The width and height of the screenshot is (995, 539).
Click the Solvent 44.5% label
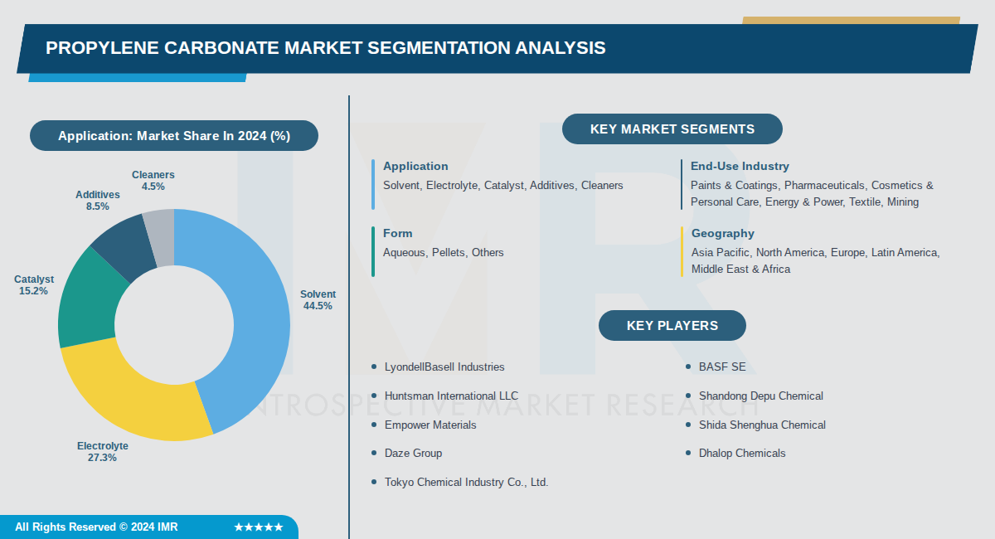tap(318, 300)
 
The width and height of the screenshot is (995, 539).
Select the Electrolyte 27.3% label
tap(103, 452)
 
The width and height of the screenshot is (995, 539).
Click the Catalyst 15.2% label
tap(34, 285)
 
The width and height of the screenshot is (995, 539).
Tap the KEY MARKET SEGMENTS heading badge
tap(672, 129)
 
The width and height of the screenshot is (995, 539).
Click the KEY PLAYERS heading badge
tap(672, 325)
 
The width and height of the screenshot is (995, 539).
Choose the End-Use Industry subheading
tap(740, 167)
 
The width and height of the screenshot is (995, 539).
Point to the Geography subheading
tap(722, 234)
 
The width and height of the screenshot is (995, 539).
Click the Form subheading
tap(397, 234)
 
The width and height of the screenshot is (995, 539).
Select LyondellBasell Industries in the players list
tap(444, 367)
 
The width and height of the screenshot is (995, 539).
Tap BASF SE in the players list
tap(721, 367)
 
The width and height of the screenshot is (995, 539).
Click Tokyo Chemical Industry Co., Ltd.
tap(466, 482)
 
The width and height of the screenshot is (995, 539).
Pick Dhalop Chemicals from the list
tap(741, 453)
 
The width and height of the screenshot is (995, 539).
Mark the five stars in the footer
tap(258, 527)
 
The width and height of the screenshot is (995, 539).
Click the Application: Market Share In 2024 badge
tap(174, 136)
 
